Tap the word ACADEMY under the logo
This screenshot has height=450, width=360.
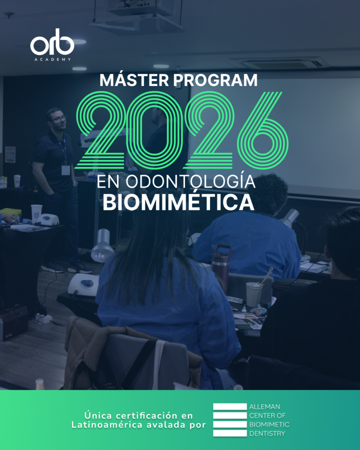coord(53,59)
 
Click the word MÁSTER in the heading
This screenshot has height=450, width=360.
coord(135,80)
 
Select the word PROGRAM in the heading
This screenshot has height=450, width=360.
coord(215,80)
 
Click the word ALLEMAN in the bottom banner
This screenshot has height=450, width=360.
coord(265,406)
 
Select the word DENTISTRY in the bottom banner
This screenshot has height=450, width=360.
coord(267,433)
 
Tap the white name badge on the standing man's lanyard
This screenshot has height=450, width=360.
coord(66,170)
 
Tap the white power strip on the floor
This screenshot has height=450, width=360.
coord(44,318)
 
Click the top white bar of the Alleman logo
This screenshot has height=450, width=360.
coord(230,406)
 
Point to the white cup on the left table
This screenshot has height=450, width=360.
coord(36,213)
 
